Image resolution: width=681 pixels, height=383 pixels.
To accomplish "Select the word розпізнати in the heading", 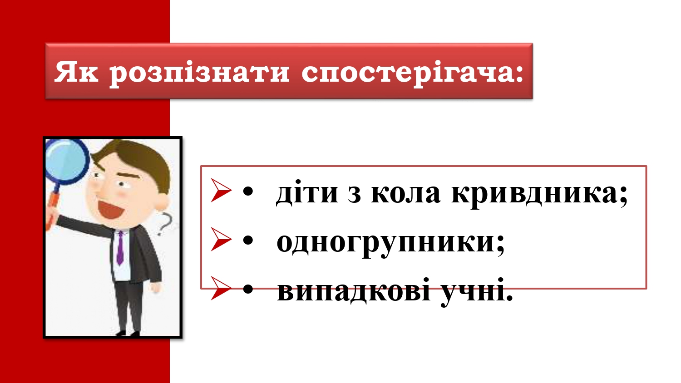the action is pyautogui.click(x=199, y=74).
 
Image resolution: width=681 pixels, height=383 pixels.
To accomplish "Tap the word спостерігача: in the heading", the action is pyautogui.click(x=412, y=74).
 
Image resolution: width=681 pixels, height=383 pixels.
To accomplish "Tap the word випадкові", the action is pyautogui.click(x=354, y=290).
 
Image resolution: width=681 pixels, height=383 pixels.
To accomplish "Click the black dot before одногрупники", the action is pyautogui.click(x=248, y=241).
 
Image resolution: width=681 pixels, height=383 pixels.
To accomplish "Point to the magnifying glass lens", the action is pyautogui.click(x=66, y=162).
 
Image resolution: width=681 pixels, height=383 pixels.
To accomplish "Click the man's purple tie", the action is pyautogui.click(x=120, y=248).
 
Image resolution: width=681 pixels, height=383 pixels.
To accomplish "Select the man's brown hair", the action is pyautogui.click(x=138, y=161).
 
